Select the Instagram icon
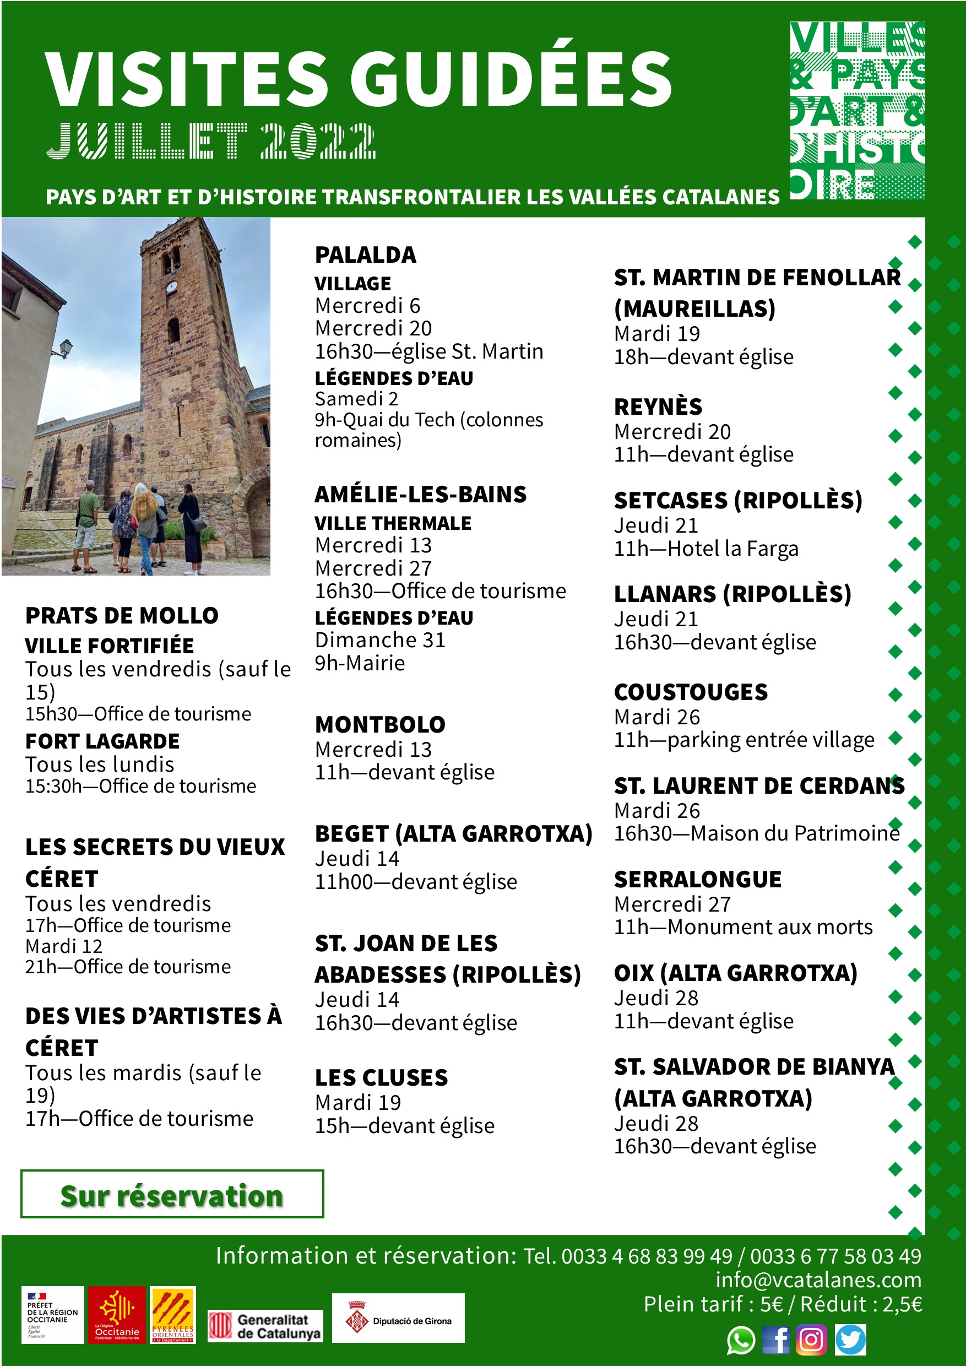point(811,1340)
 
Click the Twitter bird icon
point(850,1340)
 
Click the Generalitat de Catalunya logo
point(265,1326)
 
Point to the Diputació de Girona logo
point(398,1318)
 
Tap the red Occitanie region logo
point(117,1315)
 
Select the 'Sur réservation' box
point(172,1194)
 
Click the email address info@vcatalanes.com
point(818,1279)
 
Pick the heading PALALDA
point(365,254)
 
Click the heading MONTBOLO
point(380,724)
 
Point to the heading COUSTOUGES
point(691,692)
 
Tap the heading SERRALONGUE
point(698,879)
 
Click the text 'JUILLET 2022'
point(211,141)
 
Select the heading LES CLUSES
point(381,1077)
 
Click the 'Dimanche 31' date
point(380,639)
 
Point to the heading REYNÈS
point(658,406)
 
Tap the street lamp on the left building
point(66,348)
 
